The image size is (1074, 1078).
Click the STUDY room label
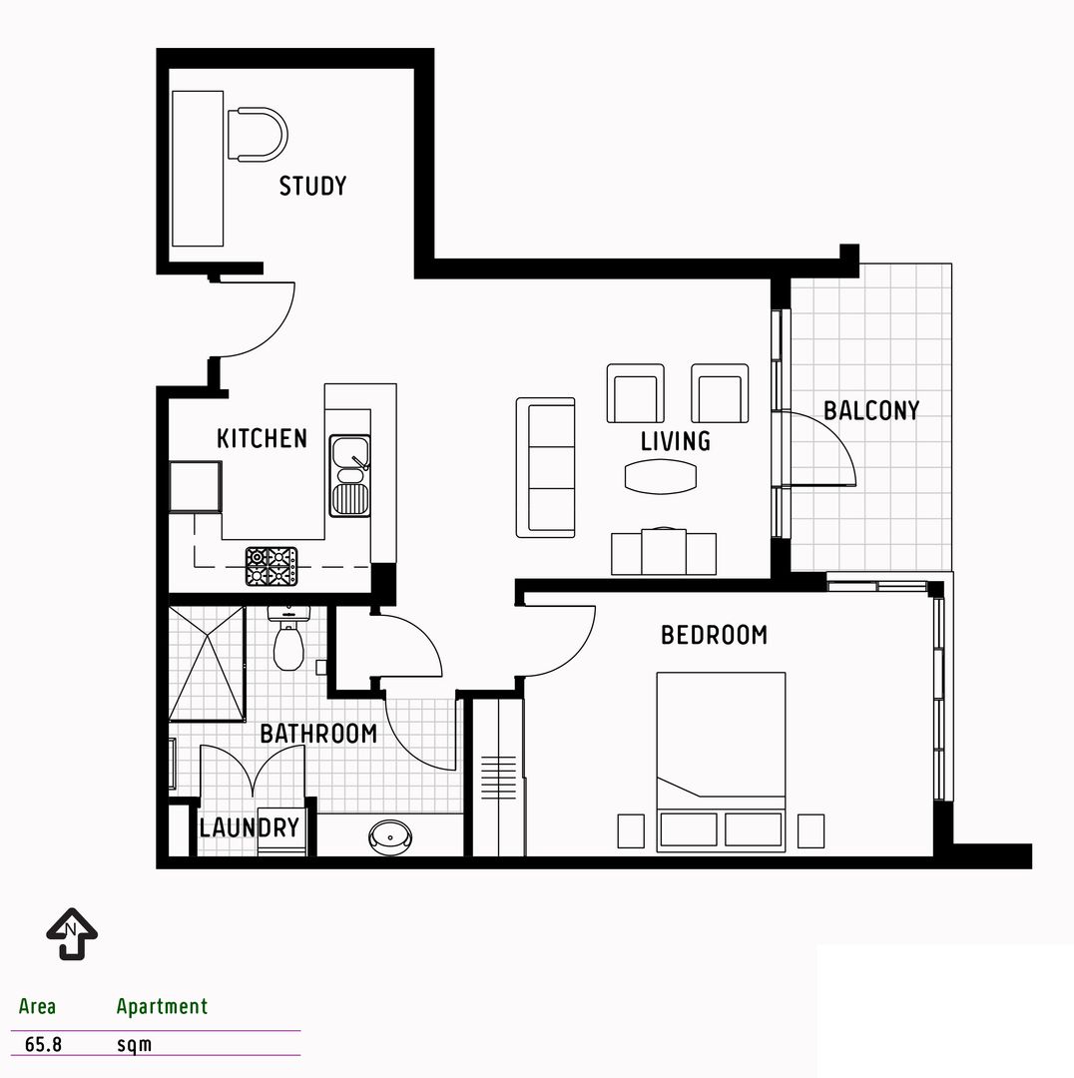click(x=312, y=186)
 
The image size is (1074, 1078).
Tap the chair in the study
click(x=256, y=135)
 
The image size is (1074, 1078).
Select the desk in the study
click(x=198, y=168)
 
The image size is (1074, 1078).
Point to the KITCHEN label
click(x=262, y=438)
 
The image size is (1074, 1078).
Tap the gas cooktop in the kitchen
click(x=271, y=566)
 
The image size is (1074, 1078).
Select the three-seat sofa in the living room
click(x=545, y=467)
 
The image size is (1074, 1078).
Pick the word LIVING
click(x=676, y=441)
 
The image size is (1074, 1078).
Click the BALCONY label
click(x=871, y=410)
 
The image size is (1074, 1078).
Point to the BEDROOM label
click(x=714, y=635)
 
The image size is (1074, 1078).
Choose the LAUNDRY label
click(x=249, y=827)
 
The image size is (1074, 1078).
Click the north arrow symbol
click(x=72, y=932)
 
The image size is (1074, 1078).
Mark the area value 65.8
click(x=43, y=1045)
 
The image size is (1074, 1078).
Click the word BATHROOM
click(x=318, y=734)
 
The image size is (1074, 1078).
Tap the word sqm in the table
click(x=135, y=1045)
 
